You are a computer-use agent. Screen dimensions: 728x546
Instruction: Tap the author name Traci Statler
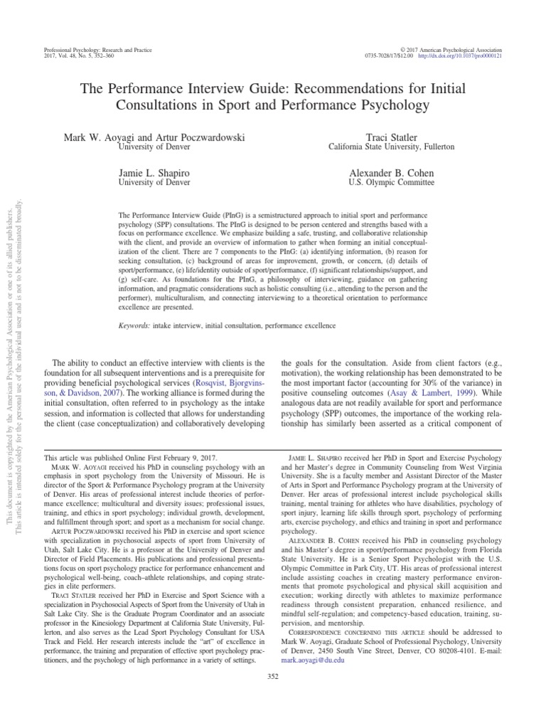point(381,136)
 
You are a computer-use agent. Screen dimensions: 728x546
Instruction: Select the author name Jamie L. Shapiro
point(158,173)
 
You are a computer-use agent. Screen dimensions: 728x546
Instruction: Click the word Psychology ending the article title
point(395,107)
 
